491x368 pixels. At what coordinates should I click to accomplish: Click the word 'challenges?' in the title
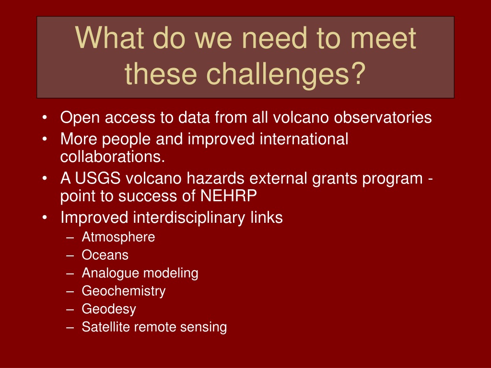coord(286,74)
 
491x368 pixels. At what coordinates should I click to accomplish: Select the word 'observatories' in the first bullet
coord(383,118)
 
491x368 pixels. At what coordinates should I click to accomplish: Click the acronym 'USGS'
coord(98,178)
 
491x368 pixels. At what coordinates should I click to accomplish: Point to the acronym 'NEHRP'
coord(228,196)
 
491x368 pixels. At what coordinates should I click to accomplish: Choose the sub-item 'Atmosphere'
coord(118,237)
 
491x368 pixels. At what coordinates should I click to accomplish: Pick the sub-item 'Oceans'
coord(105,255)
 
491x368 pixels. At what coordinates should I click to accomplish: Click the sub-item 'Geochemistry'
coord(123,291)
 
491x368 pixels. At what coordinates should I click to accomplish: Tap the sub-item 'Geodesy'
coord(109,309)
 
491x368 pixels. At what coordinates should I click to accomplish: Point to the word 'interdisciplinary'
coord(189,218)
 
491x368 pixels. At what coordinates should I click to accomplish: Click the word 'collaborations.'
coord(112,157)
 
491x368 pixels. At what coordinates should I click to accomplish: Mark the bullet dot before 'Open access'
coord(45,118)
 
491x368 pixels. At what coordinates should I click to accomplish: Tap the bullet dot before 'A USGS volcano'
coord(45,179)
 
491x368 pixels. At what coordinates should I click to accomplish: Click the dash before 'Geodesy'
coord(70,310)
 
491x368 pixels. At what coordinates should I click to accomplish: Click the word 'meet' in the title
coord(383,38)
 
